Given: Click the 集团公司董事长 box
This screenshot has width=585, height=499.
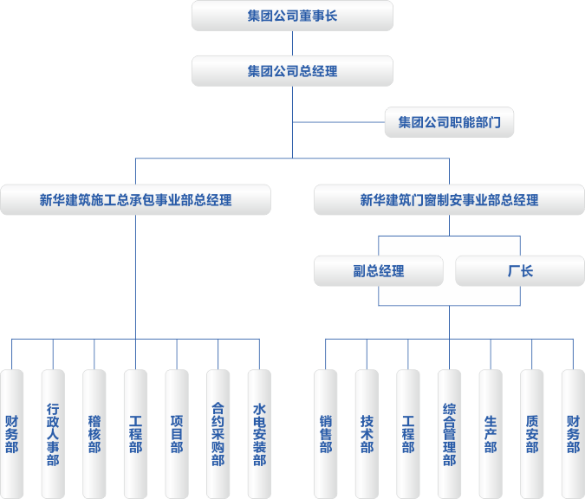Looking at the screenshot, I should pyautogui.click(x=292, y=16).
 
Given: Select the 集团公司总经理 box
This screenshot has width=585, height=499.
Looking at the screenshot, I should pyautogui.click(x=292, y=71).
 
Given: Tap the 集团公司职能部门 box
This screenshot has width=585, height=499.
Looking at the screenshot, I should pyautogui.click(x=449, y=123).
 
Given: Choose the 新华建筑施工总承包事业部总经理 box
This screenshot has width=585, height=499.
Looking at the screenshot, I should pyautogui.click(x=135, y=200).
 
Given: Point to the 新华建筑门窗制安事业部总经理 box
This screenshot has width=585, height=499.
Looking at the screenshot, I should pyautogui.click(x=449, y=200).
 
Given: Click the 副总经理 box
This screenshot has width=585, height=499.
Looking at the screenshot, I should pyautogui.click(x=379, y=271).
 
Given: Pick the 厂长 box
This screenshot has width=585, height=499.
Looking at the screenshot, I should pyautogui.click(x=520, y=271).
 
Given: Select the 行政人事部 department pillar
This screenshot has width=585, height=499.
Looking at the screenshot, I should pyautogui.click(x=53, y=433).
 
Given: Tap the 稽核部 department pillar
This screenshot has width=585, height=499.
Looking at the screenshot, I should pyautogui.click(x=94, y=433).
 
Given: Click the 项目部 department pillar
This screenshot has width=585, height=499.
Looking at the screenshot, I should pyautogui.click(x=177, y=433).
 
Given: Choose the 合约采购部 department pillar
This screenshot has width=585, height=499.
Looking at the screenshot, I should pyautogui.click(x=218, y=433).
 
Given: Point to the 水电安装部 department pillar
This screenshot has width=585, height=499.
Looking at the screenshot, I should pyautogui.click(x=259, y=433).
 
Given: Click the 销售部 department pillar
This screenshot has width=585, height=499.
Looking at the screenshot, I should pyautogui.click(x=326, y=433).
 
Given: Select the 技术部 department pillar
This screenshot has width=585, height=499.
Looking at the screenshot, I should pyautogui.click(x=367, y=433).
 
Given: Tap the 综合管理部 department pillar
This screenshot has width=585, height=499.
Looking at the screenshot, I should pyautogui.click(x=449, y=433).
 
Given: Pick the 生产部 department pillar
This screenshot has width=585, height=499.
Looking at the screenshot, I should pyautogui.click(x=491, y=433).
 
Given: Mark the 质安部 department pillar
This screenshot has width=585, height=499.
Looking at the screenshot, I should pyautogui.click(x=531, y=433).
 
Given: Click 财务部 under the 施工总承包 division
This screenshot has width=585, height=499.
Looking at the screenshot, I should pyautogui.click(x=12, y=433).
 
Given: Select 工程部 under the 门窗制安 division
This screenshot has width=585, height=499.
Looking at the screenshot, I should pyautogui.click(x=408, y=433).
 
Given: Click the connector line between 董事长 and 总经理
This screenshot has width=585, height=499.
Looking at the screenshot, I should pyautogui.click(x=292, y=43).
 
